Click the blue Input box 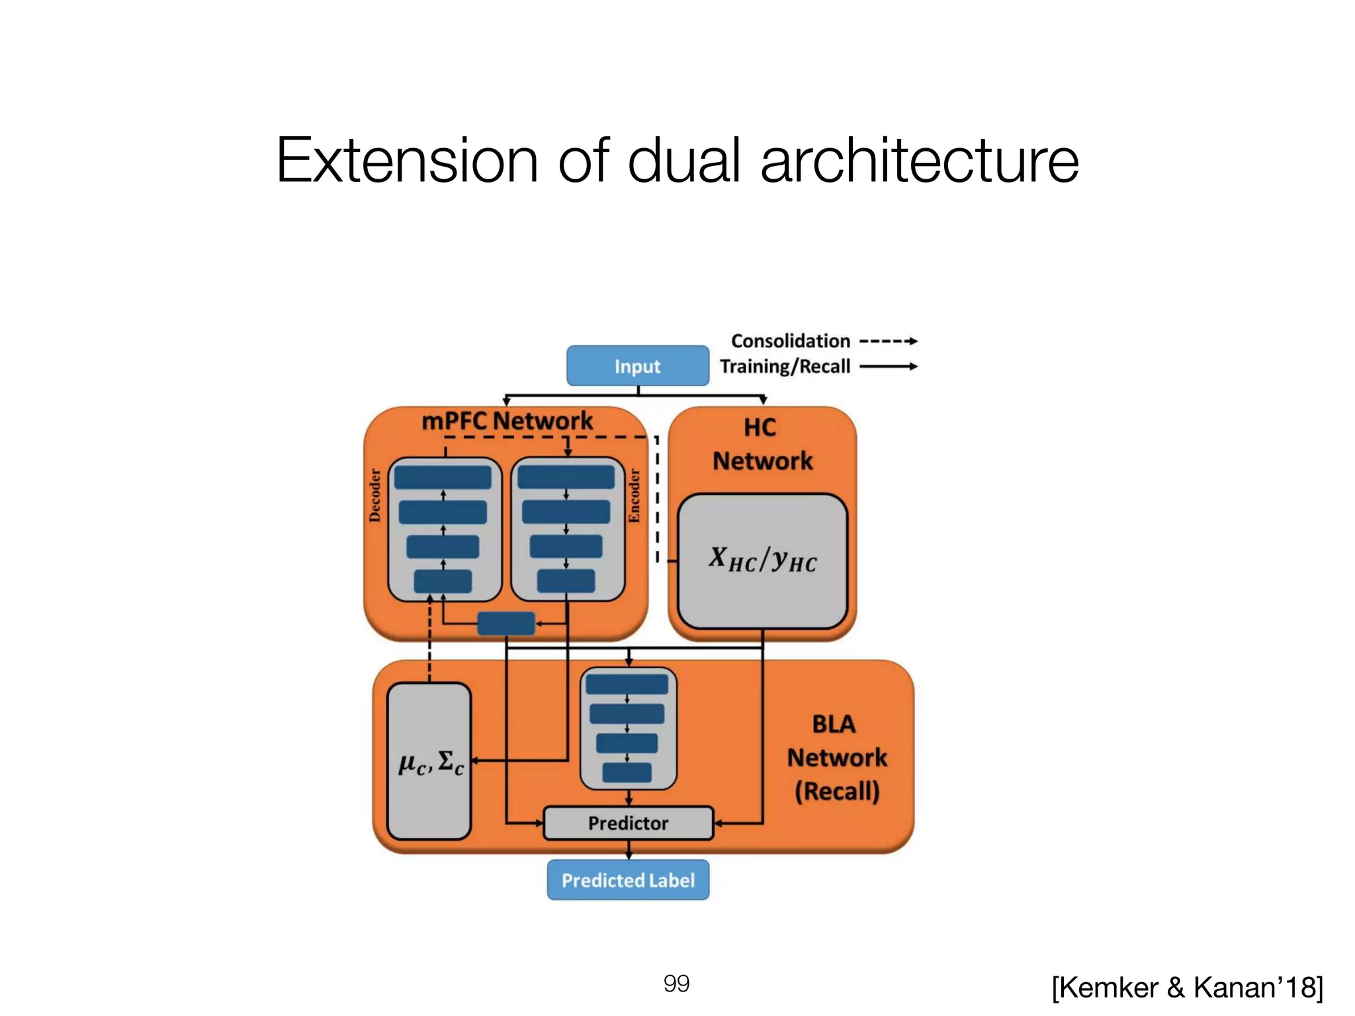[x=637, y=366]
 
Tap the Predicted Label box [x=628, y=880]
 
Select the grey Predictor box [x=628, y=823]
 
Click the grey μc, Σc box [x=429, y=761]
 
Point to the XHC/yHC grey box [x=762, y=560]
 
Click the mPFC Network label [x=507, y=421]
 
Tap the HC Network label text [x=762, y=444]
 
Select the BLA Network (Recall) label [x=836, y=757]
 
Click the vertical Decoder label [x=375, y=495]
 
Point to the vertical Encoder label [x=634, y=495]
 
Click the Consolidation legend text [x=790, y=341]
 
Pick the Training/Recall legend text [x=785, y=366]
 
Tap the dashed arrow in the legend [x=888, y=341]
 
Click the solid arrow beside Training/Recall [x=888, y=366]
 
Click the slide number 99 [x=676, y=984]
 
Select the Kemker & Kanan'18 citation [x=1187, y=988]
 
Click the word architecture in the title [x=919, y=160]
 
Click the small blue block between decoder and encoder [x=506, y=623]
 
